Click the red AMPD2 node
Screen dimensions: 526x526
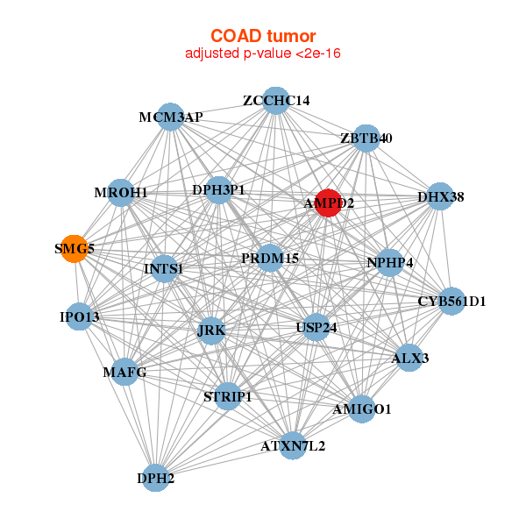(329, 203)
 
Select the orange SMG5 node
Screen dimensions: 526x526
(75, 248)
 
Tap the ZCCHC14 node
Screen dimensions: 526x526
(276, 100)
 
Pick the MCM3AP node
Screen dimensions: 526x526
(170, 117)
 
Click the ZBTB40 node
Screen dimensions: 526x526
(366, 138)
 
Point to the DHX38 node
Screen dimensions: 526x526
(440, 196)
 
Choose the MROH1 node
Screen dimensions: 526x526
(121, 192)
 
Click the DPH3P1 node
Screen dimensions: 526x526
(219, 189)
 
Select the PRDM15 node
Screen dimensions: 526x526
(271, 259)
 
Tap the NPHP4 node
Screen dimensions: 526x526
(389, 262)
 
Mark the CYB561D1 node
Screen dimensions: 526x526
(451, 302)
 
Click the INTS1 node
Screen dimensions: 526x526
(164, 268)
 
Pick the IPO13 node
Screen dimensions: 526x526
(80, 316)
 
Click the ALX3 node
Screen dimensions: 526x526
(409, 358)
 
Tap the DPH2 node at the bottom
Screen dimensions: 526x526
(156, 478)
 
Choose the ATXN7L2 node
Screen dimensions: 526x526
(293, 446)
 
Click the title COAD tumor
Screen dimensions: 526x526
(262, 36)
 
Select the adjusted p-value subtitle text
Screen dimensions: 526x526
(262, 53)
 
